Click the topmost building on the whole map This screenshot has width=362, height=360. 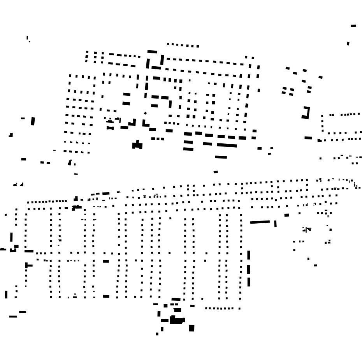pyautogui.click(x=353, y=26)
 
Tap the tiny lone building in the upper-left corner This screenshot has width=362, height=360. pyautogui.click(x=28, y=38)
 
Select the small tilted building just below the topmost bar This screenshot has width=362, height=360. pyautogui.click(x=348, y=43)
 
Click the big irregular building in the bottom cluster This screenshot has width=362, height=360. pyautogui.click(x=176, y=321)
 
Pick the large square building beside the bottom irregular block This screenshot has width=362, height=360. pyautogui.click(x=192, y=328)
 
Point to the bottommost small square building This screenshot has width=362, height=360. pyautogui.click(x=157, y=334)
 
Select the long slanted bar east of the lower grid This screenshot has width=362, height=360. pyautogui.click(x=260, y=222)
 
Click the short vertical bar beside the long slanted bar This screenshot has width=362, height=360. pyautogui.click(x=275, y=224)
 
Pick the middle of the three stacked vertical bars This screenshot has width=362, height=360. pyautogui.click(x=249, y=269)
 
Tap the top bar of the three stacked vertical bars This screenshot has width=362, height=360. pyautogui.click(x=249, y=256)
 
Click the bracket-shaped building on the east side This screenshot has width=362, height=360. pyautogui.click(x=306, y=113)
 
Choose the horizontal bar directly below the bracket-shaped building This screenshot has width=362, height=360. pyautogui.click(x=308, y=138)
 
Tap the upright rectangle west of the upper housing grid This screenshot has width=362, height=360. pyautogui.click(x=33, y=121)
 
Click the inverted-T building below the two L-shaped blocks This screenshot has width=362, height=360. pyautogui.click(x=137, y=145)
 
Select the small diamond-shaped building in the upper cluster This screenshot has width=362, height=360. pyautogui.click(x=146, y=113)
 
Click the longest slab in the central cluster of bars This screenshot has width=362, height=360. pyautogui.click(x=227, y=145)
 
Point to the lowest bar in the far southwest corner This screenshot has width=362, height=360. pyautogui.click(x=13, y=316)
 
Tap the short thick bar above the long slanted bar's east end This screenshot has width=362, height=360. pyautogui.click(x=287, y=215)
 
